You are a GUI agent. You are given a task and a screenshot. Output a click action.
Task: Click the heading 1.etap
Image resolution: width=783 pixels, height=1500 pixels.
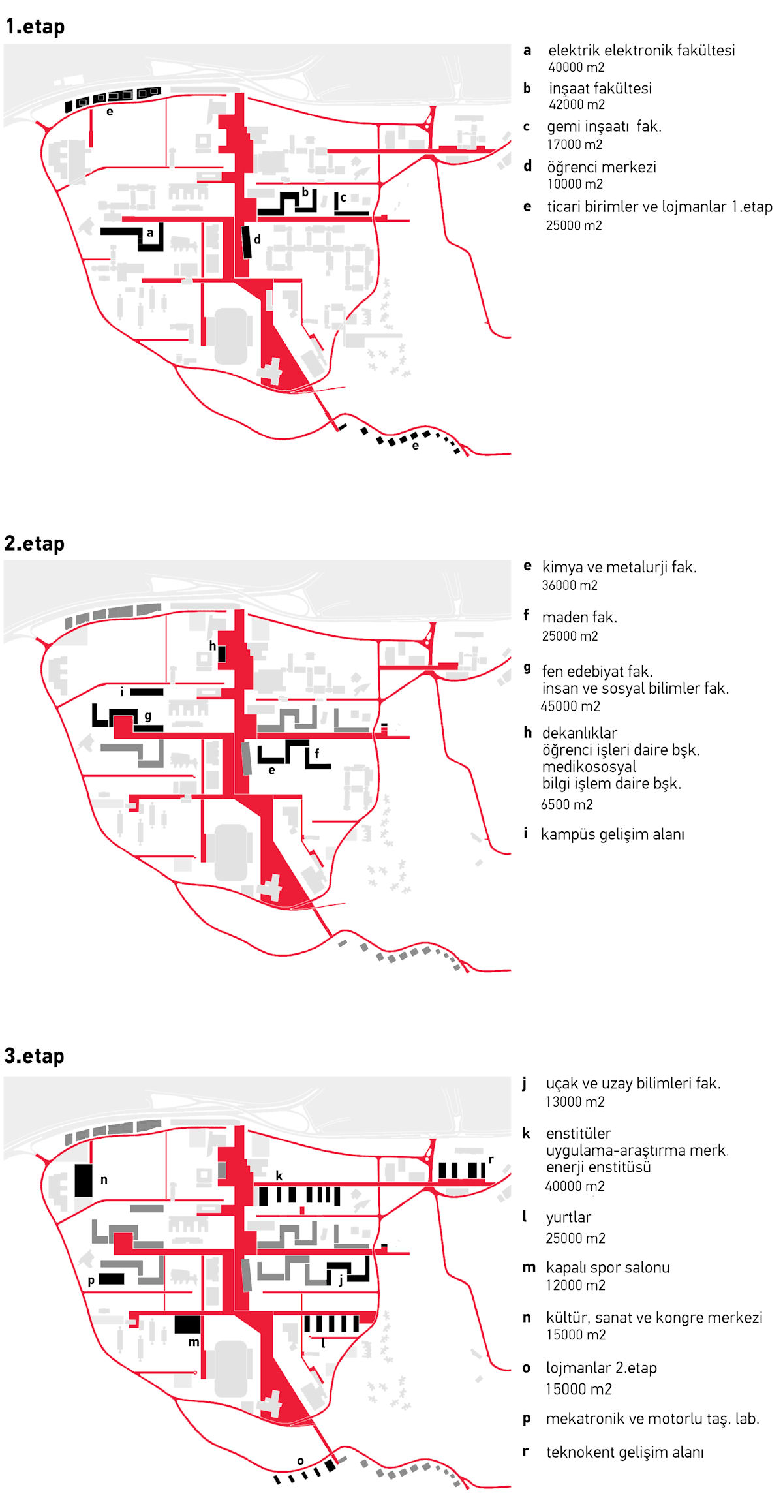35,27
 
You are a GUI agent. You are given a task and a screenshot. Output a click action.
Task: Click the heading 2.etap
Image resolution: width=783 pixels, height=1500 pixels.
35,543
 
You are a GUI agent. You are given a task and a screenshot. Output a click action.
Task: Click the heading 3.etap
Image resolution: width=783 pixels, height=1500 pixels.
35,1056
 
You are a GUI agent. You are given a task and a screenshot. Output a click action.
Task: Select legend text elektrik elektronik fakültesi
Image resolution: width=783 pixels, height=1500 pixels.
641,50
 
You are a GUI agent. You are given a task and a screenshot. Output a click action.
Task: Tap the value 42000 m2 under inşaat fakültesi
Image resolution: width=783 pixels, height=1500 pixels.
577,104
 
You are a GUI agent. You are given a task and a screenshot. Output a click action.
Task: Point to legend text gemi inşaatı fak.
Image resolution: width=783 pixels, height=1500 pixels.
604,127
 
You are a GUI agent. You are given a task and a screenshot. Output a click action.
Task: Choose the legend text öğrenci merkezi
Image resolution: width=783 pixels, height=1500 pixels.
602,167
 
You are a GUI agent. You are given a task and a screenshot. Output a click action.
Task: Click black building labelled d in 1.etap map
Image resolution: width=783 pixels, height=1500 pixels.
246,242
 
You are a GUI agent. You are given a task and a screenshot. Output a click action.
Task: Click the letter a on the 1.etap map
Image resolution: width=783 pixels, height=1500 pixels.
150,232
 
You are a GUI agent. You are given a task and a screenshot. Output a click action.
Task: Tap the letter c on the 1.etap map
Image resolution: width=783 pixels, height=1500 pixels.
343,198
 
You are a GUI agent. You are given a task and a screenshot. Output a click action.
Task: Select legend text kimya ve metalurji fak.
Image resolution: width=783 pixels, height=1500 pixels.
619,567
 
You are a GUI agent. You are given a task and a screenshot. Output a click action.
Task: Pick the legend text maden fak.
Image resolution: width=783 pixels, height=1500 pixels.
579,617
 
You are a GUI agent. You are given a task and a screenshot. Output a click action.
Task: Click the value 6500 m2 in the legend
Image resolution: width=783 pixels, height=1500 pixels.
567,804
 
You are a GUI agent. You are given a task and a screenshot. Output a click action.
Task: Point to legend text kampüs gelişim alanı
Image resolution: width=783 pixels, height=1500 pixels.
613,834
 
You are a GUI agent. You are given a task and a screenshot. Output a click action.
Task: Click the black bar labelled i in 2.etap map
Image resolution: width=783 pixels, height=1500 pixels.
147,692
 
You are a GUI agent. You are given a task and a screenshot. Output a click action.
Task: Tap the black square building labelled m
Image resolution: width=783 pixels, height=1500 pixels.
188,1324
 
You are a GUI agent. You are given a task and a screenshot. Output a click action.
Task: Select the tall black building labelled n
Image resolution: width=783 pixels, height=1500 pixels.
84,1180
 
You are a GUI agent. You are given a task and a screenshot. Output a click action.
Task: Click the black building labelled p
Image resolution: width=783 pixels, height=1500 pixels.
111,1278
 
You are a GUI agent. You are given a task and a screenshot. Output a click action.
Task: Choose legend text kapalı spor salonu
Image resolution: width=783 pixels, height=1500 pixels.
608,1268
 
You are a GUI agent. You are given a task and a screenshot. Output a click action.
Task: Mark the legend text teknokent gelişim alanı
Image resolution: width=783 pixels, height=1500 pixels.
625,1452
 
